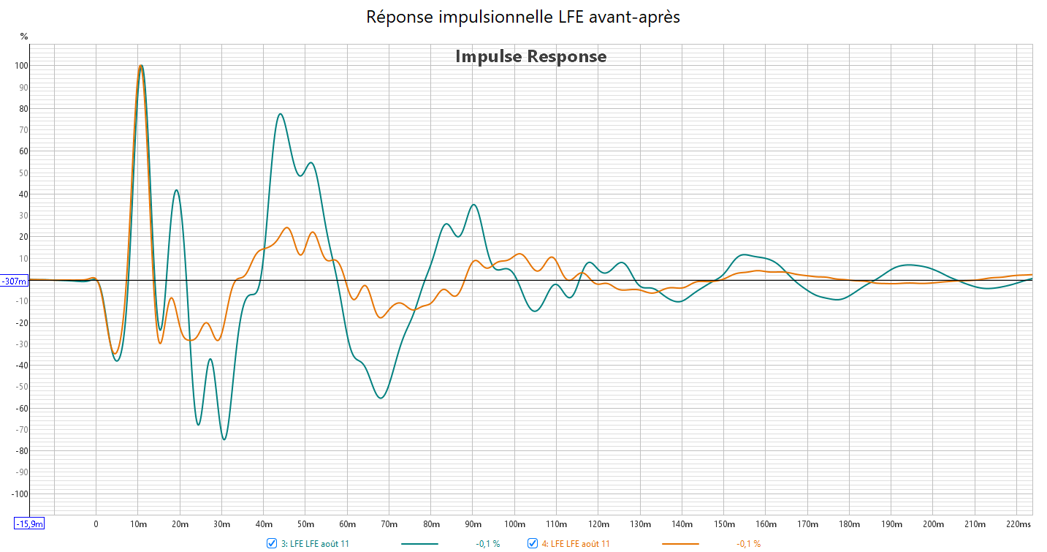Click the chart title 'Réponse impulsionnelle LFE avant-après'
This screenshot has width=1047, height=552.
(x=523, y=17)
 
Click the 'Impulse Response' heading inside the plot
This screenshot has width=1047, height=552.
(x=530, y=56)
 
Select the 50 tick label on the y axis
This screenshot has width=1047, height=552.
(x=23, y=173)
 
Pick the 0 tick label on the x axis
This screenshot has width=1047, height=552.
(x=96, y=524)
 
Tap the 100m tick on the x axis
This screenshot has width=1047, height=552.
(x=514, y=524)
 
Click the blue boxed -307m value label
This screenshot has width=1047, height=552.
(x=15, y=281)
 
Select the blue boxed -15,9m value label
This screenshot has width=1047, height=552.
(x=30, y=523)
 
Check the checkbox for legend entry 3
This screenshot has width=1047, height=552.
(x=272, y=543)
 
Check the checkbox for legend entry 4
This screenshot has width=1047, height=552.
(x=533, y=543)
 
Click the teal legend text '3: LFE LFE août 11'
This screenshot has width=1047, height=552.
(x=315, y=544)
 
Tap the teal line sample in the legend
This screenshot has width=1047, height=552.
(x=419, y=544)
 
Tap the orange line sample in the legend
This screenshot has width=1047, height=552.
(x=680, y=544)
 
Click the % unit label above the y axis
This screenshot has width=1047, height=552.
(x=24, y=36)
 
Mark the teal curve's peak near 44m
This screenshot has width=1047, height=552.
(x=280, y=114)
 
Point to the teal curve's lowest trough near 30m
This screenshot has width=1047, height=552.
(x=224, y=439)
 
